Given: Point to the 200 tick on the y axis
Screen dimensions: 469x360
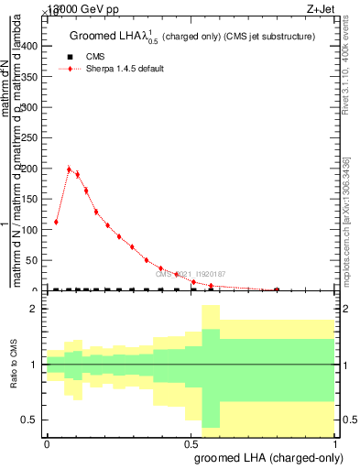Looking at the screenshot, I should click(33, 169).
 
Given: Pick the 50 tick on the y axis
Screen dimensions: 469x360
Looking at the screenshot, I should click(36, 260).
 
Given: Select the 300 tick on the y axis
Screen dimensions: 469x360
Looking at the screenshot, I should click(33, 108).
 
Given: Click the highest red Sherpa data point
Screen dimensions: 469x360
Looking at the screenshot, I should click(70, 169).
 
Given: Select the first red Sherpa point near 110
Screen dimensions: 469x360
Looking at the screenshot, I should click(56, 222).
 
